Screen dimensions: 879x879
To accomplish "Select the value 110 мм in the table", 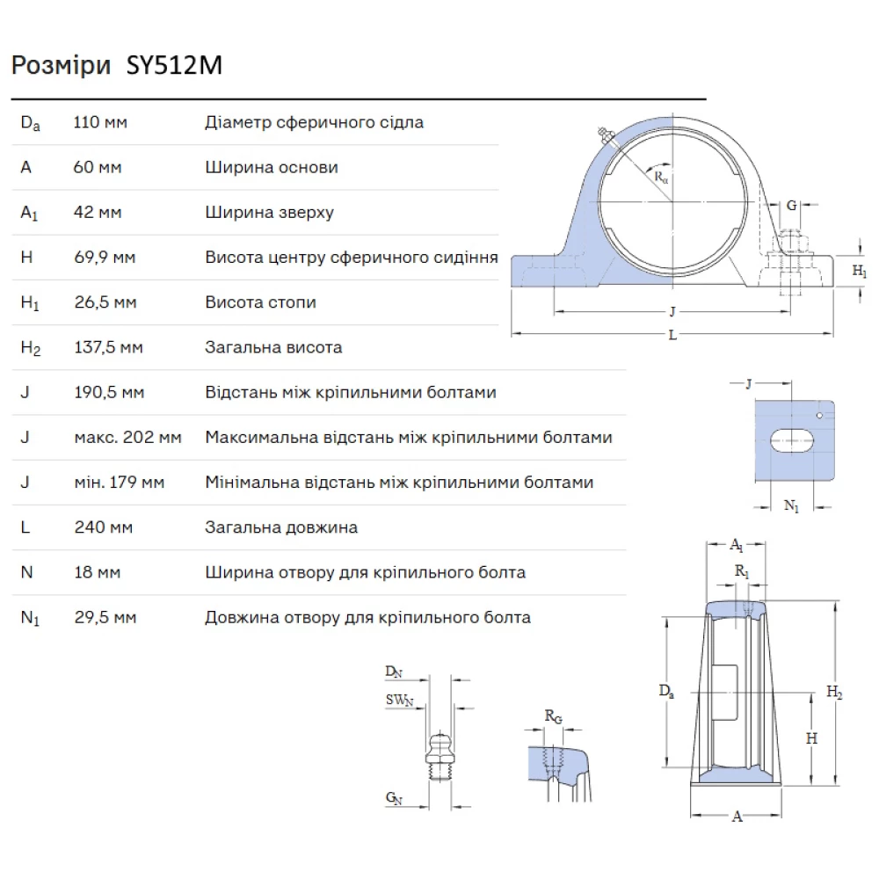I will click(x=99, y=122).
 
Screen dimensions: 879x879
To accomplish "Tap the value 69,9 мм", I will click(x=105, y=258).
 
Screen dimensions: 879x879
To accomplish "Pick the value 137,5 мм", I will click(x=108, y=348).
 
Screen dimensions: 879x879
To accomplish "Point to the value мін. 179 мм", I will click(x=119, y=483).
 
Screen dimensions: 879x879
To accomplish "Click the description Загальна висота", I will click(x=273, y=348).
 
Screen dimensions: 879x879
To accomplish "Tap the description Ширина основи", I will click(x=272, y=167).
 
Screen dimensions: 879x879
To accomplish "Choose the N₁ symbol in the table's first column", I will click(x=31, y=618).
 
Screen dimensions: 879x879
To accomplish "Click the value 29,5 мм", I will click(x=105, y=618).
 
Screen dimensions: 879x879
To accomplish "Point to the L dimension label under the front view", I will click(x=672, y=335).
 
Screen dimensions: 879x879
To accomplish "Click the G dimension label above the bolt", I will click(x=792, y=206).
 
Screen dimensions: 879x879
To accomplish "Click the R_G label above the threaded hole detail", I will click(x=553, y=717).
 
